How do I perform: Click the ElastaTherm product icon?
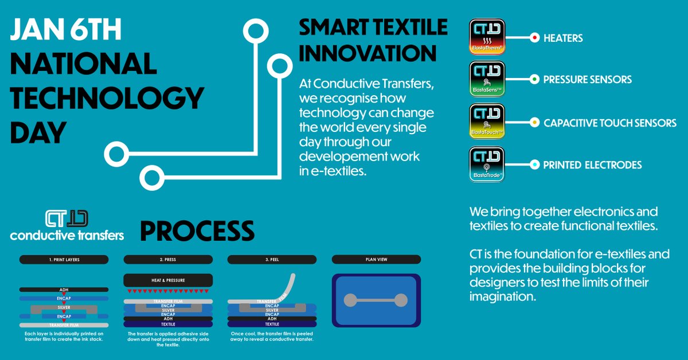(x=487, y=38)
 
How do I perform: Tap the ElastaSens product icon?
(x=487, y=80)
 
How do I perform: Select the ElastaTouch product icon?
(x=487, y=122)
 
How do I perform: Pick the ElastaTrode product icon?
(x=487, y=165)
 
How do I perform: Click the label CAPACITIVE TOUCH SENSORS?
(x=610, y=123)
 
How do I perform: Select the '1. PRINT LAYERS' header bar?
(x=64, y=260)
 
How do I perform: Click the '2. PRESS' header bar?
(x=168, y=260)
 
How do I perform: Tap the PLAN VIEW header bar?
(x=376, y=260)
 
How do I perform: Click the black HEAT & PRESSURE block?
(x=168, y=280)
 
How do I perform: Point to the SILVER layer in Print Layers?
(x=64, y=308)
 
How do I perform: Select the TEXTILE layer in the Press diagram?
(x=168, y=324)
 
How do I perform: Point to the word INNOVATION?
(x=368, y=53)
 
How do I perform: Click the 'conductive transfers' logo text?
(x=67, y=235)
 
